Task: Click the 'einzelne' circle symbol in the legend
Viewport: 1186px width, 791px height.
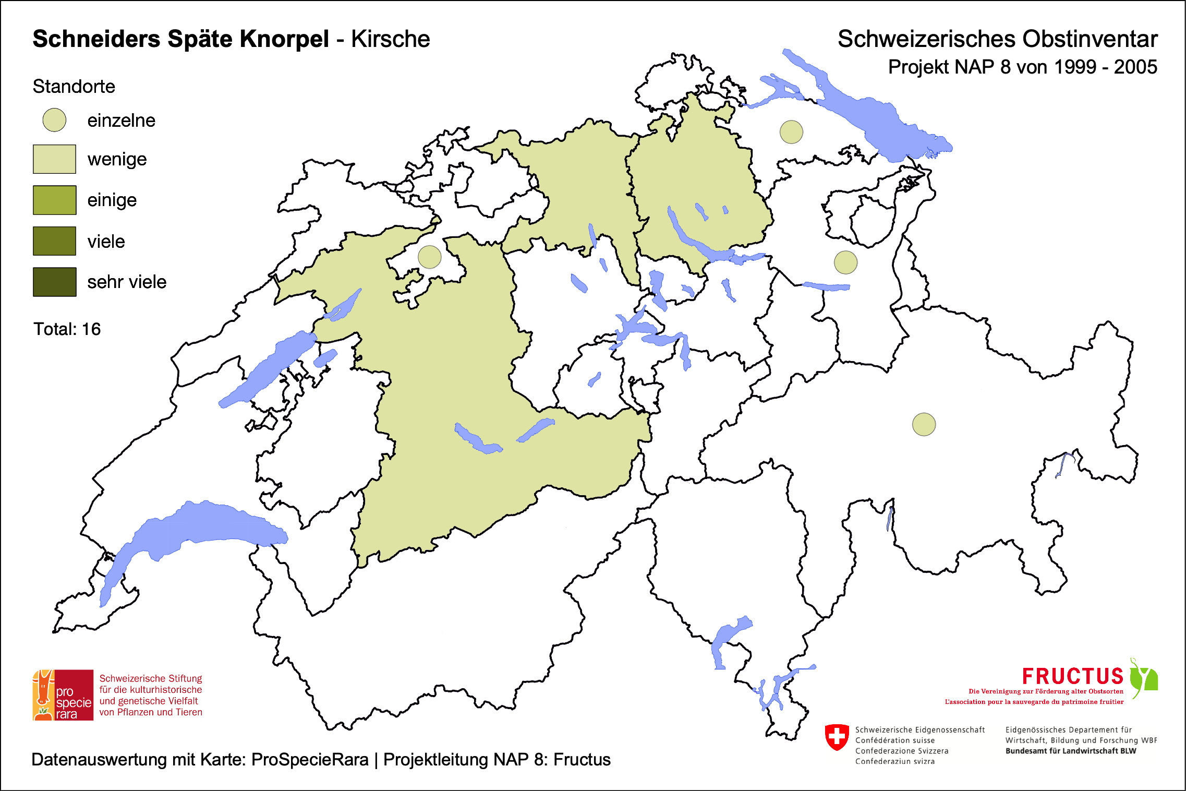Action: click(x=54, y=120)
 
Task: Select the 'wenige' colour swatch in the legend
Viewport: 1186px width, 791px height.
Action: click(x=54, y=159)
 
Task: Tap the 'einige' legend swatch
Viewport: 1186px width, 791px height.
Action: click(x=54, y=200)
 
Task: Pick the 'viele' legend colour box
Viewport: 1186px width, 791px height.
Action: click(x=54, y=241)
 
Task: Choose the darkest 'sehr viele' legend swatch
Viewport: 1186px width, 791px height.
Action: click(x=54, y=282)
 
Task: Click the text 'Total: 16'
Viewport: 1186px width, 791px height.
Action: click(x=67, y=329)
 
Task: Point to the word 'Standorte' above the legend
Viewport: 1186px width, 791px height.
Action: click(x=74, y=87)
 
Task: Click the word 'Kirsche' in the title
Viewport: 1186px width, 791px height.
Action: click(x=390, y=39)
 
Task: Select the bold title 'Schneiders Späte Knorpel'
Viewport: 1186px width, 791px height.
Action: click(x=180, y=39)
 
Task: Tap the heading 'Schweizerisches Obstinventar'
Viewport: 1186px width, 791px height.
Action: click(x=997, y=39)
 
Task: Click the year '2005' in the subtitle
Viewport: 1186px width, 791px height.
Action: click(x=1135, y=67)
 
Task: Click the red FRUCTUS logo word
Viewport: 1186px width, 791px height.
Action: click(x=1072, y=677)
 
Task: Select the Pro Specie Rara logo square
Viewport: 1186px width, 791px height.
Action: click(x=63, y=695)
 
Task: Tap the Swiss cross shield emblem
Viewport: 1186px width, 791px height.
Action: click(x=837, y=737)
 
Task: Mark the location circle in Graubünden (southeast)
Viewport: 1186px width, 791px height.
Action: click(x=924, y=424)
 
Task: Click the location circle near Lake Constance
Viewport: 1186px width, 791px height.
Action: click(x=791, y=132)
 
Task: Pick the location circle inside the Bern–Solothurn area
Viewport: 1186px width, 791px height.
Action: click(x=430, y=257)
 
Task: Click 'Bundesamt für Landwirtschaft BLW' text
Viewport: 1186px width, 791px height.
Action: click(x=1070, y=751)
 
